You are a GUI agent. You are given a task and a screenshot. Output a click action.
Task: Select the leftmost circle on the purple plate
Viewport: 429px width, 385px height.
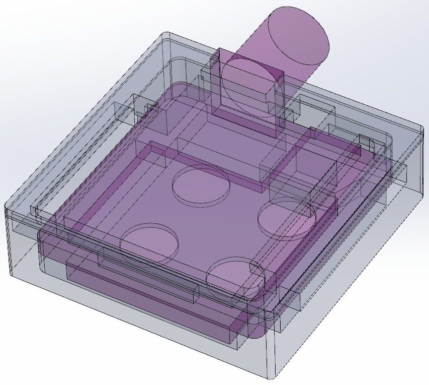149,243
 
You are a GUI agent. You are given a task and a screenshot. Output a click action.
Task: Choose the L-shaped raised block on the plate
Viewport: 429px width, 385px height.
282,161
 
